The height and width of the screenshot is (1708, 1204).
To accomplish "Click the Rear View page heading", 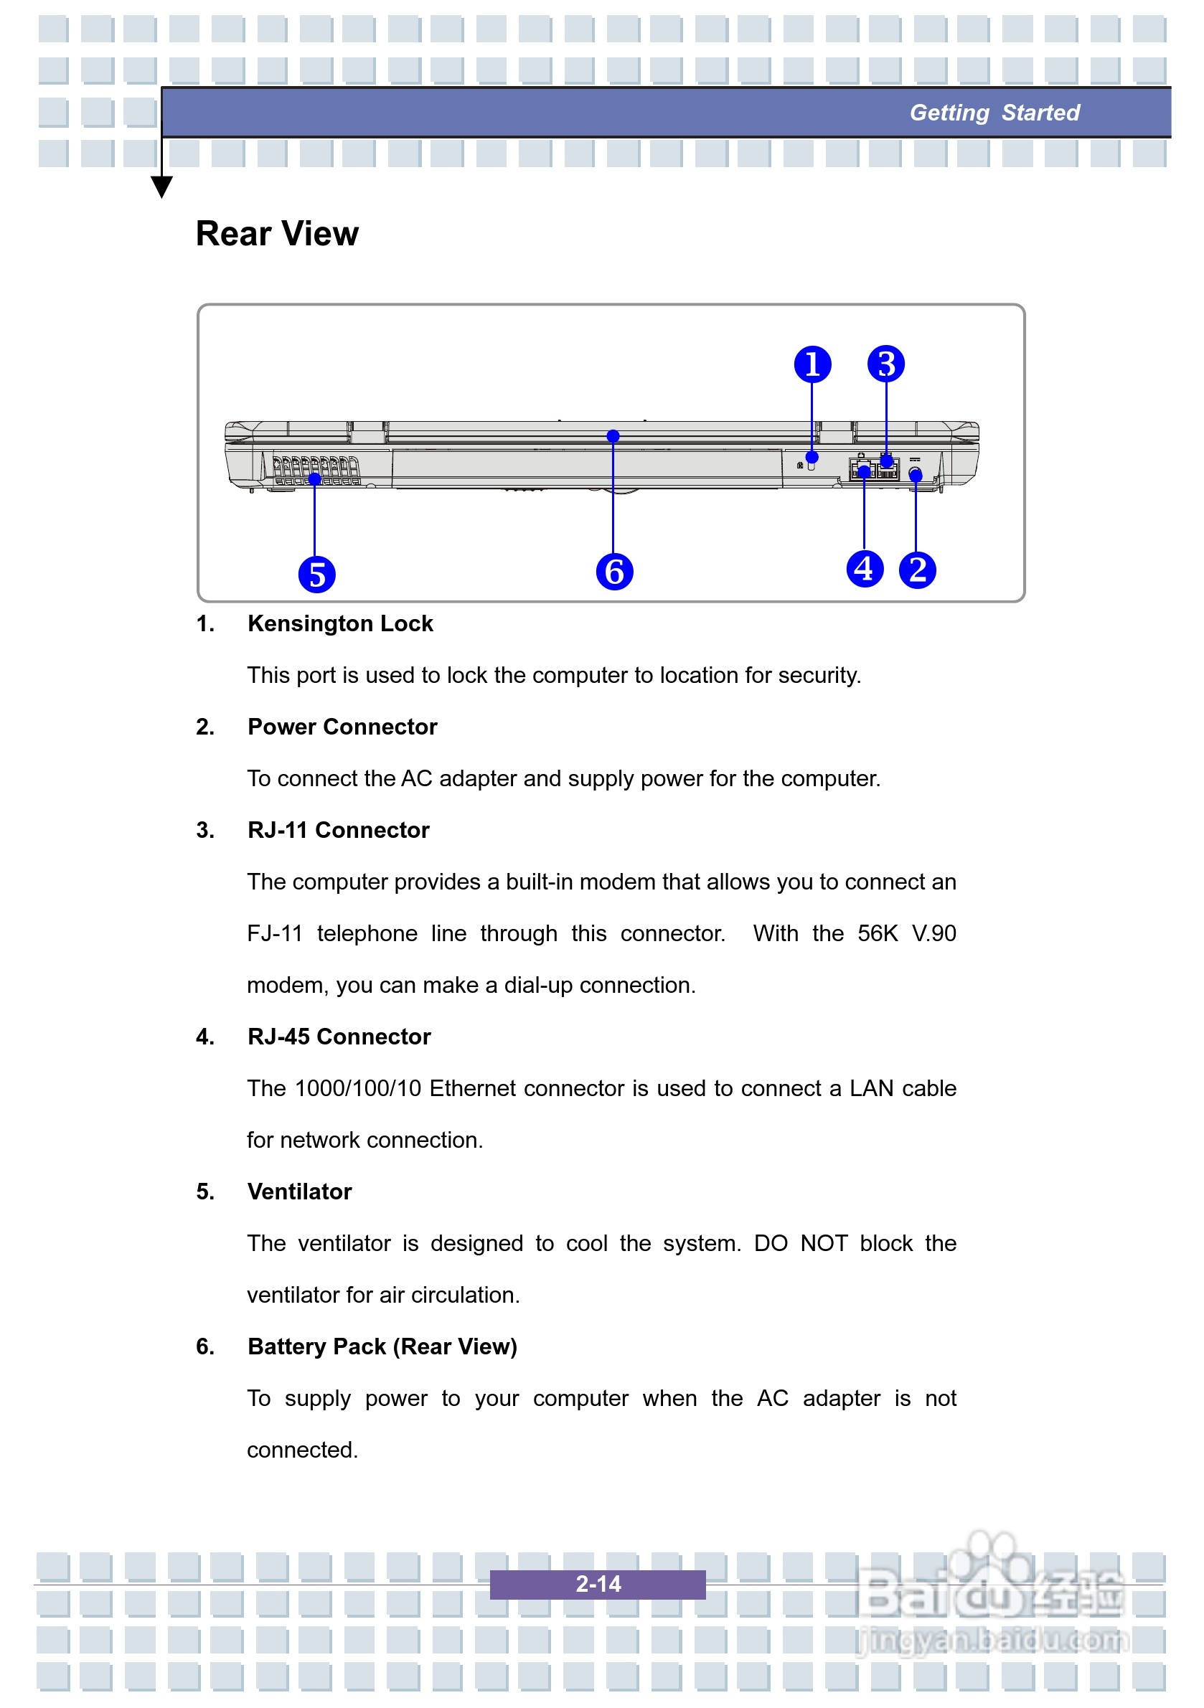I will [x=277, y=235].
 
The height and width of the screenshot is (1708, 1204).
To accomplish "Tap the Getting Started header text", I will [x=994, y=113].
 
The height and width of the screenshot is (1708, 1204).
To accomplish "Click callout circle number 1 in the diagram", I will [x=812, y=364].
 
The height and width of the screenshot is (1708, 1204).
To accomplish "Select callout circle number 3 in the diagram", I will [x=885, y=364].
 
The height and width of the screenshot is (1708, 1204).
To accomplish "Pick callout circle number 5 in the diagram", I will [x=317, y=575].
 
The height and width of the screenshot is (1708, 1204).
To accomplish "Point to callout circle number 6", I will [x=614, y=571].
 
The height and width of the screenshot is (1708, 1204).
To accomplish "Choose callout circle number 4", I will [x=865, y=569].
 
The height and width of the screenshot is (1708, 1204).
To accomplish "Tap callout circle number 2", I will [x=918, y=570].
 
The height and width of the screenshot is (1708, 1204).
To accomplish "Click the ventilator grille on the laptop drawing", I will [x=316, y=470].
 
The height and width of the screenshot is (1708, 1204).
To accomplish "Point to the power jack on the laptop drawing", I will [x=916, y=473].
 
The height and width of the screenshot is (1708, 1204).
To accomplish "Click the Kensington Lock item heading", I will [x=340, y=623].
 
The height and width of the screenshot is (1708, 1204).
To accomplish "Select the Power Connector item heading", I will [x=342, y=727].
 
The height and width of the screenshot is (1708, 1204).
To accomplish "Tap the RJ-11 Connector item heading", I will [x=339, y=830].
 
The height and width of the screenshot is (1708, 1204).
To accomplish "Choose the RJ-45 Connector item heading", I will [x=339, y=1037].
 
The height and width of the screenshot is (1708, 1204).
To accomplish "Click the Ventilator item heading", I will [x=299, y=1192].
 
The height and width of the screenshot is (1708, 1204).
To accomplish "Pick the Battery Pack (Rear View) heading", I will [x=382, y=1346].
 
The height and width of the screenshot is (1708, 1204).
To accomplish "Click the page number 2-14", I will [x=598, y=1584].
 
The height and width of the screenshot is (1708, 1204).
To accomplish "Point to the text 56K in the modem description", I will [x=878, y=933].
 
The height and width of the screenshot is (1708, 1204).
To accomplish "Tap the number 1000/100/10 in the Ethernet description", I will [x=358, y=1088].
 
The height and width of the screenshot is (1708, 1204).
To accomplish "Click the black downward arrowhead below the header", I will [x=161, y=186].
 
